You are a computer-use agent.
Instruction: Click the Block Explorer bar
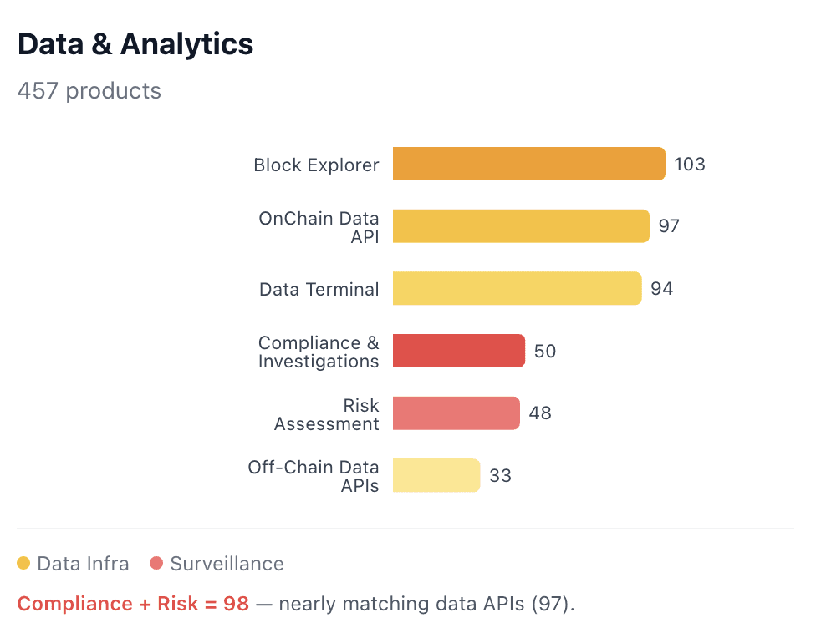528,164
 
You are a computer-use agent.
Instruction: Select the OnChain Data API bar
521,226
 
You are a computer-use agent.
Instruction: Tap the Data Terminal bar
517,288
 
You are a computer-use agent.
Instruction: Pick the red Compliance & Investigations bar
458,351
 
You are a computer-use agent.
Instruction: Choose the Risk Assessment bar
456,413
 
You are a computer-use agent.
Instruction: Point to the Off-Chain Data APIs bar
436,475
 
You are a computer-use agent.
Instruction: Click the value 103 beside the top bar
690,165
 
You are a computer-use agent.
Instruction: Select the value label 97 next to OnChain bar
669,226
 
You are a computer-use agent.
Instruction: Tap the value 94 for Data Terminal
661,289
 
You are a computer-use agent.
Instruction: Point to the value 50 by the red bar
545,352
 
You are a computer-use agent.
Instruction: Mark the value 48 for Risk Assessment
540,413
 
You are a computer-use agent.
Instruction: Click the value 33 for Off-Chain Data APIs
500,476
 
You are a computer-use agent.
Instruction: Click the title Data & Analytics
135,44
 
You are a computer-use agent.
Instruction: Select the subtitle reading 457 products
89,90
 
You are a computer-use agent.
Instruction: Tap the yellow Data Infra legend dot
23,564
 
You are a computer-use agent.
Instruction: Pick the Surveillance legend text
227,564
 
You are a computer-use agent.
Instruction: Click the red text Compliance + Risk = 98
133,604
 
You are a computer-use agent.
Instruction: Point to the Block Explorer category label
316,165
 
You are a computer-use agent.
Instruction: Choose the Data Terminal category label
319,290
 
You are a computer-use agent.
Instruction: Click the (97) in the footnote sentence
552,604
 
